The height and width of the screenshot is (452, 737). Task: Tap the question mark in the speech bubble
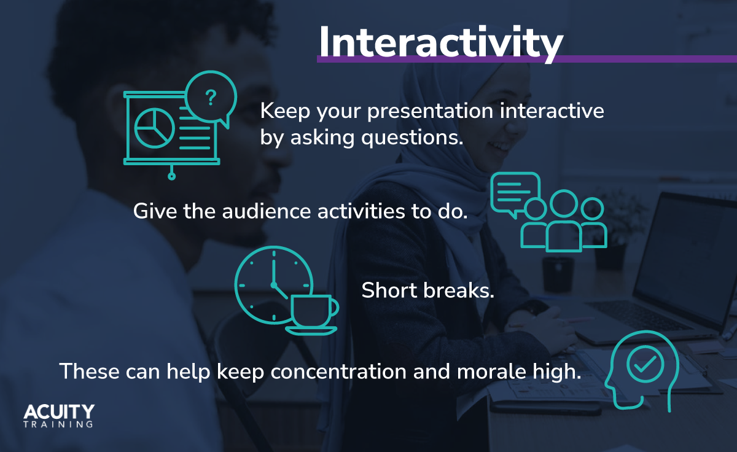click(211, 98)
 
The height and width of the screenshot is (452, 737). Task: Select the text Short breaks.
click(427, 290)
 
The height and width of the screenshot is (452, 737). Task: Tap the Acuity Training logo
click(59, 415)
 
